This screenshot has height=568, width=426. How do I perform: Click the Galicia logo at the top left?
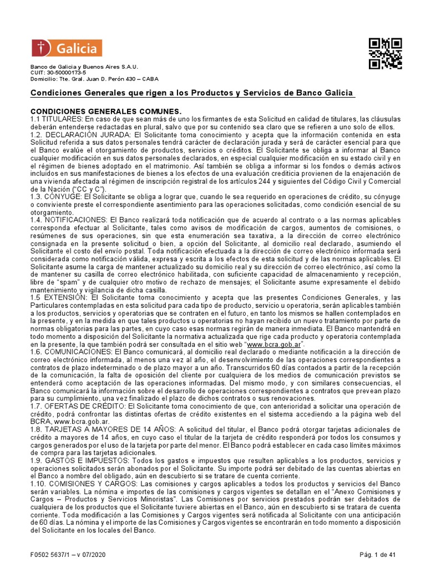(x=67, y=48)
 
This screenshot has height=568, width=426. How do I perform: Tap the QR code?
(x=385, y=54)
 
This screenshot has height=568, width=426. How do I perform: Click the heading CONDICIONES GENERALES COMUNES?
(x=105, y=111)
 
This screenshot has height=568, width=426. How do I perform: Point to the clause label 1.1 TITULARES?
(x=55, y=119)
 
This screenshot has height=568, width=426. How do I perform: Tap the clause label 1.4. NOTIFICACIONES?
(x=70, y=220)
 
